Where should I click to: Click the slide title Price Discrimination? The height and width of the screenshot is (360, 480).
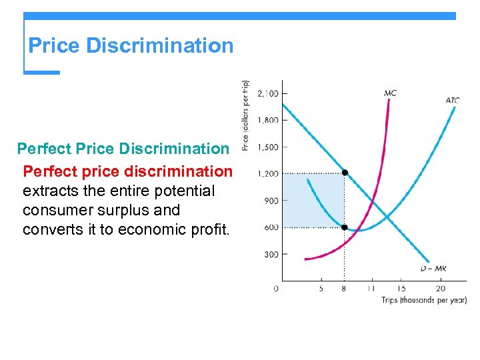(x=131, y=45)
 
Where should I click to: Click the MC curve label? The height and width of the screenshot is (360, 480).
(x=390, y=93)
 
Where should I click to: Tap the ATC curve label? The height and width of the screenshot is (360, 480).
(x=452, y=101)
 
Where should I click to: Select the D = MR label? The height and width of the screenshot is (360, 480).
(x=434, y=269)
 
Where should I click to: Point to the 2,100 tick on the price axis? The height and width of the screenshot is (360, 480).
(x=268, y=93)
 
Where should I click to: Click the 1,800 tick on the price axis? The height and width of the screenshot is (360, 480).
(x=268, y=120)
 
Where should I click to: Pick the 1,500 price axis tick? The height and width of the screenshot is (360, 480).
(x=268, y=147)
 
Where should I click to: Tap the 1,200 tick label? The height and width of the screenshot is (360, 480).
(x=268, y=174)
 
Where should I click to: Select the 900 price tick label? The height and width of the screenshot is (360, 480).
(x=271, y=201)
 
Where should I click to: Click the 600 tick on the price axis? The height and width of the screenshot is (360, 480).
(x=271, y=227)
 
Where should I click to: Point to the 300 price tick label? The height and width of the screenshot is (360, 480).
(x=271, y=254)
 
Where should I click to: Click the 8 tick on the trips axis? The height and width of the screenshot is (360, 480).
(x=344, y=289)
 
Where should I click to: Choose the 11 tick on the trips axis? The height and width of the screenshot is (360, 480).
(x=370, y=289)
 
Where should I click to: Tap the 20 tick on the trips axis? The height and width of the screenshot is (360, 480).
(x=441, y=289)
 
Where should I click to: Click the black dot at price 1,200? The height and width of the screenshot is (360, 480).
(x=345, y=173)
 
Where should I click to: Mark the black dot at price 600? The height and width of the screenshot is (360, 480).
(x=345, y=227)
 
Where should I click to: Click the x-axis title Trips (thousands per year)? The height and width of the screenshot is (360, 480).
(x=424, y=300)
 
